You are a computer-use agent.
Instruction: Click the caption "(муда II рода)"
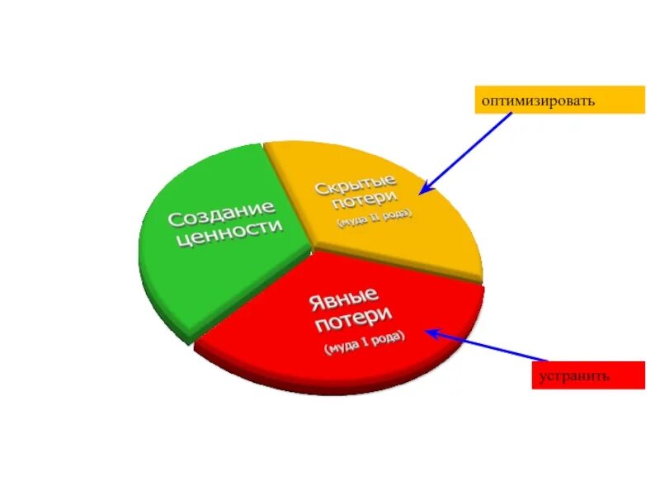tap(374, 219)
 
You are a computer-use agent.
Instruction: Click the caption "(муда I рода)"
tap(364, 342)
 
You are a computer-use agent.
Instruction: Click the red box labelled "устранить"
tap(587, 375)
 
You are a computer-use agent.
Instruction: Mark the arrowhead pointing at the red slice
tap(430, 333)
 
